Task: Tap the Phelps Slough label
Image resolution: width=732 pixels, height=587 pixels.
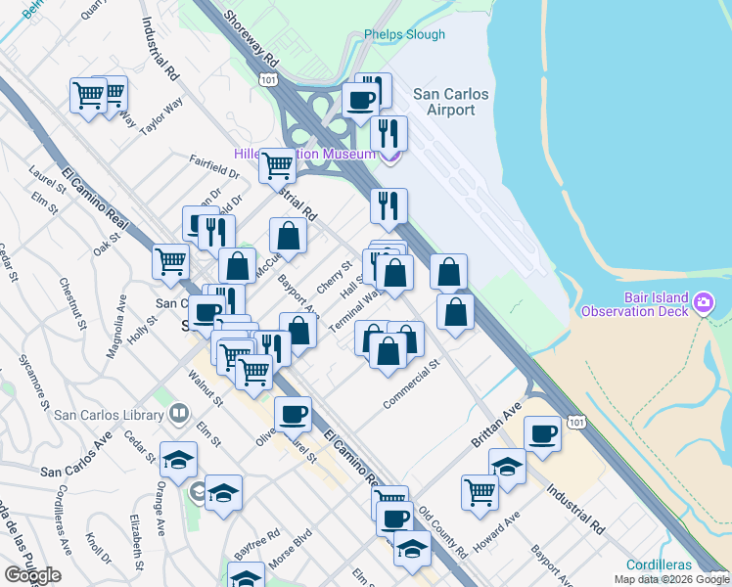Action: pyautogui.click(x=404, y=34)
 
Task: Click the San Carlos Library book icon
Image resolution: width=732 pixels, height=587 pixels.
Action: pyautogui.click(x=179, y=414)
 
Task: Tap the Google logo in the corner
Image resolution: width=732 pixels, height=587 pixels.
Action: pyautogui.click(x=32, y=575)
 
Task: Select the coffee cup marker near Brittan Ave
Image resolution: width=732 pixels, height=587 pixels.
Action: pyautogui.click(x=542, y=433)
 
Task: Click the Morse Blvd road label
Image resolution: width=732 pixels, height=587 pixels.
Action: pyautogui.click(x=294, y=545)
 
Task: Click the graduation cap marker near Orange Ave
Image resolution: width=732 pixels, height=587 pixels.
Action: pyautogui.click(x=178, y=459)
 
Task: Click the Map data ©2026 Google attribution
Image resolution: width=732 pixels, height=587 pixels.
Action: pyautogui.click(x=670, y=579)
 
